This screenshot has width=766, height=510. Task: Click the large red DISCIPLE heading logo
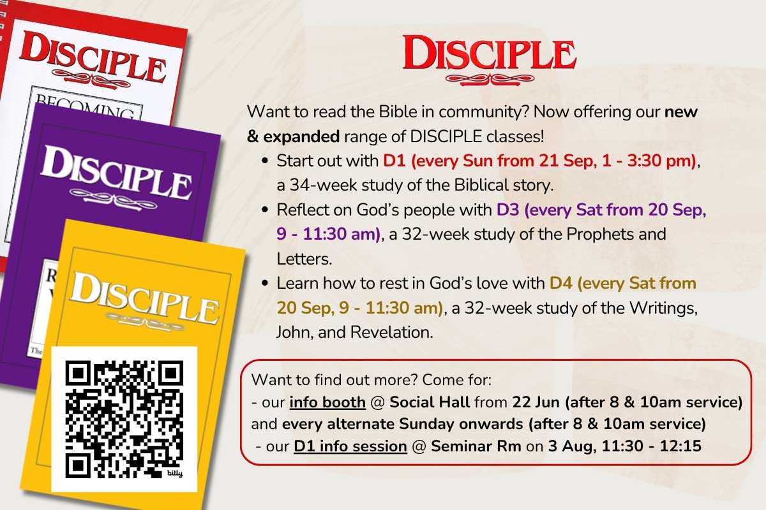(x=490, y=54)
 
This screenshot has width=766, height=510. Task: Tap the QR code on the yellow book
(x=124, y=419)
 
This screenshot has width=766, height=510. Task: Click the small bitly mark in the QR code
(x=175, y=474)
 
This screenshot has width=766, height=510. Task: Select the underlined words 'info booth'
(x=327, y=402)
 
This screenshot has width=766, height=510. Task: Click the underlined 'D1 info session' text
(x=350, y=446)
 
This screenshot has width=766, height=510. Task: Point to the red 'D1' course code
(x=394, y=161)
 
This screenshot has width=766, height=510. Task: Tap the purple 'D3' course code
(x=508, y=210)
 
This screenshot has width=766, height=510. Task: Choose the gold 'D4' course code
(x=561, y=283)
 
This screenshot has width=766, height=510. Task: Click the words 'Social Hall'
(x=430, y=402)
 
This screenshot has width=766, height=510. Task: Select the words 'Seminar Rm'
(x=476, y=446)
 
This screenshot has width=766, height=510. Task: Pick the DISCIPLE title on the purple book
(x=116, y=173)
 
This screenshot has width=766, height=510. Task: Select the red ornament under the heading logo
(x=490, y=80)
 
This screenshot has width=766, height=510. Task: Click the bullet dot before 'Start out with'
(x=265, y=161)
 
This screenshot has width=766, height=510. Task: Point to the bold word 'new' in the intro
(x=681, y=112)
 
